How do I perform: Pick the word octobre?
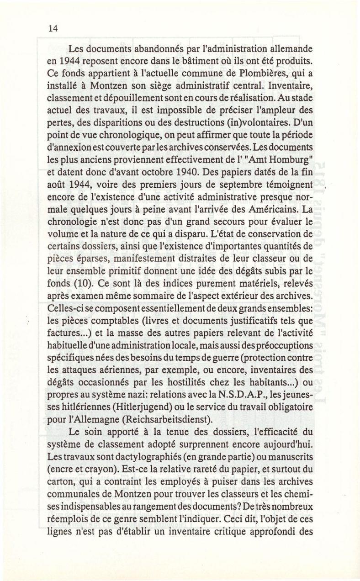point(134,185)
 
